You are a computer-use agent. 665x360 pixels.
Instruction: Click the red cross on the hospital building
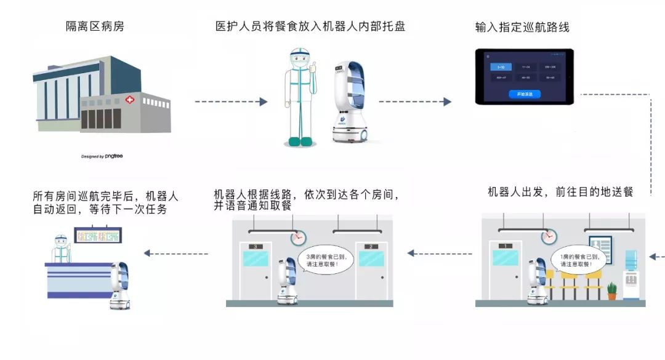tap(129, 100)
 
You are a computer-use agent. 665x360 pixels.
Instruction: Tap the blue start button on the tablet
tap(525, 94)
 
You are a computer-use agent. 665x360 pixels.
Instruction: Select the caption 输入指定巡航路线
tap(522, 27)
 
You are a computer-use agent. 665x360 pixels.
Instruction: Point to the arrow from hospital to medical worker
tap(231, 102)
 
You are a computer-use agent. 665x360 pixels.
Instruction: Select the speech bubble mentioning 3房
tap(324, 260)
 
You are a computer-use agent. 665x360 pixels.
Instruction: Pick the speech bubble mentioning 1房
tap(577, 260)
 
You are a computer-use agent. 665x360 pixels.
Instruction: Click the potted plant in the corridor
tap(611, 290)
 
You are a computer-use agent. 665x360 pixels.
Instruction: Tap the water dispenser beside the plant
tap(631, 274)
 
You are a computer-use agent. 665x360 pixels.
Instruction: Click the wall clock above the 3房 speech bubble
tap(299, 236)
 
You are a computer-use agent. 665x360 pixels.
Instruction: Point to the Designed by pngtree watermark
tap(102, 156)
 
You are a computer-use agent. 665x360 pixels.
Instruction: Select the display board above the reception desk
tap(97, 234)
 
